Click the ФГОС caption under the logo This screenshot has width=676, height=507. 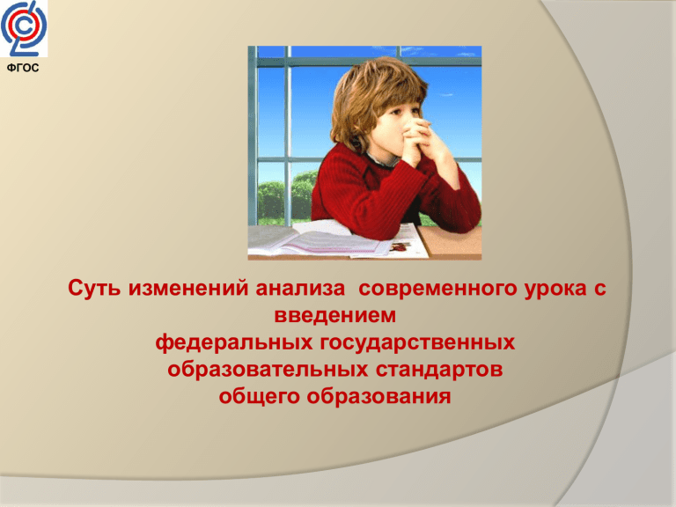point(23,68)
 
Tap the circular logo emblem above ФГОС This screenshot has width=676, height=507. point(23,28)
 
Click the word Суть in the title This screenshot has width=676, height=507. point(94,288)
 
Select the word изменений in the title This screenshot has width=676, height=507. point(188,288)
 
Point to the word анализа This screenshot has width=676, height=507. point(300,288)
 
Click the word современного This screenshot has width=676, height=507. point(437,288)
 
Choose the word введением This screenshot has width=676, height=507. point(335,315)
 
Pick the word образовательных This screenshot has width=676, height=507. point(268,370)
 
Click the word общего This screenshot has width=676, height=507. point(260,397)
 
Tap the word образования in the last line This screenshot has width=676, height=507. point(379,397)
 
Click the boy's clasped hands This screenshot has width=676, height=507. point(419,139)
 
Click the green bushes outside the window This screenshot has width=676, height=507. point(285,196)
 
